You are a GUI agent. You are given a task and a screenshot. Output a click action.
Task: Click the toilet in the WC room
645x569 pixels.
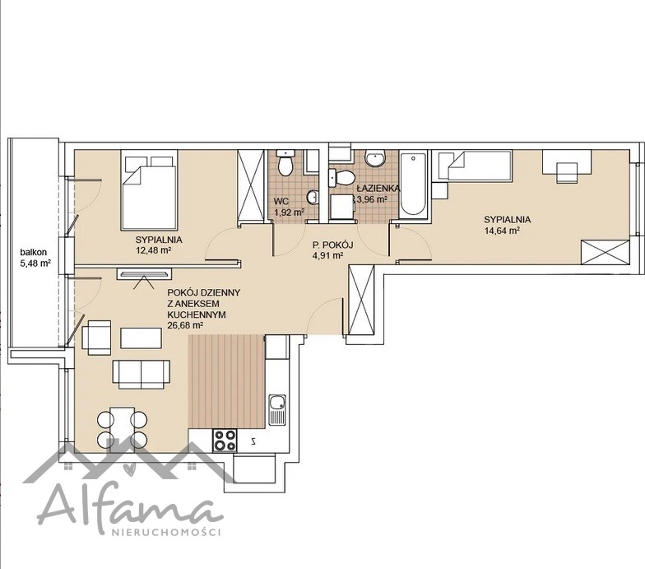pyautogui.click(x=285, y=162)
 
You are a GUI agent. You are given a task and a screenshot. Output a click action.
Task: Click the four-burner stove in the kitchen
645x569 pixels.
pyautogui.click(x=225, y=440)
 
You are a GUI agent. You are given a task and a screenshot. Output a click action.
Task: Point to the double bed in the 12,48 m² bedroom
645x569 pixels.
pyautogui.click(x=150, y=189)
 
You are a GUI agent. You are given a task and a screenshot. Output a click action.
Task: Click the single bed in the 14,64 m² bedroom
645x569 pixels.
pyautogui.click(x=480, y=166)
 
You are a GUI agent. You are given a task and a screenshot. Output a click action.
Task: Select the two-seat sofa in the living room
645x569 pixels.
pyautogui.click(x=142, y=374)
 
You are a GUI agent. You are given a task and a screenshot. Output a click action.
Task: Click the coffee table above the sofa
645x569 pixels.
pyautogui.click(x=142, y=338)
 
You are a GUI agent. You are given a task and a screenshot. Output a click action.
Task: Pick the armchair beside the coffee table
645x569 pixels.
pyautogui.click(x=97, y=338)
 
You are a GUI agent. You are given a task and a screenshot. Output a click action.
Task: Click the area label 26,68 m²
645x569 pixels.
pyautogui.click(x=186, y=325)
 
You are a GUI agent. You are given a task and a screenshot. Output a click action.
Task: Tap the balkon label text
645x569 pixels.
pyautogui.click(x=34, y=252)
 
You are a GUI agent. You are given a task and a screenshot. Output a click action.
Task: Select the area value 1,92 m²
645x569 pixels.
pyautogui.click(x=290, y=212)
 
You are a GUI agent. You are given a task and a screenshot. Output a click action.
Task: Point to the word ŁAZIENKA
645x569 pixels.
pyautogui.click(x=378, y=189)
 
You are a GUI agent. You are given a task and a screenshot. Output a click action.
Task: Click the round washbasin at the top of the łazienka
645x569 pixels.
pyautogui.click(x=375, y=158)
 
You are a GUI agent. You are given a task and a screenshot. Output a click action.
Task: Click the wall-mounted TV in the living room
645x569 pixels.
pyautogui.click(x=144, y=273)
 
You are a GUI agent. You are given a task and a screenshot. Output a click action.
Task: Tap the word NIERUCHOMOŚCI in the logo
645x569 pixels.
pyautogui.click(x=166, y=532)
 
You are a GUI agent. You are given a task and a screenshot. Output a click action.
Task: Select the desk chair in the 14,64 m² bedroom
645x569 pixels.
pyautogui.click(x=567, y=172)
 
